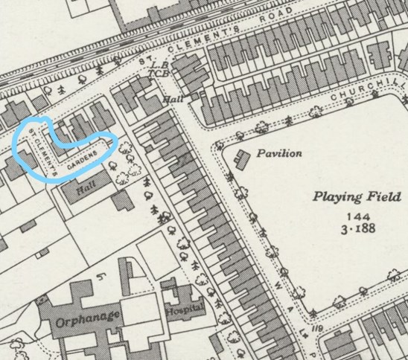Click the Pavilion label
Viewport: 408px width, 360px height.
279,153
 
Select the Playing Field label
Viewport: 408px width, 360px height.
348,197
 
